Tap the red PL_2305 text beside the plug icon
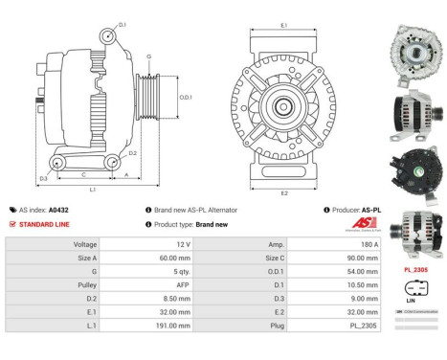(415, 270)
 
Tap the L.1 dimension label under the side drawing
(93, 190)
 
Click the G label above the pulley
(148, 57)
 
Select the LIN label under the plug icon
(411, 300)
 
